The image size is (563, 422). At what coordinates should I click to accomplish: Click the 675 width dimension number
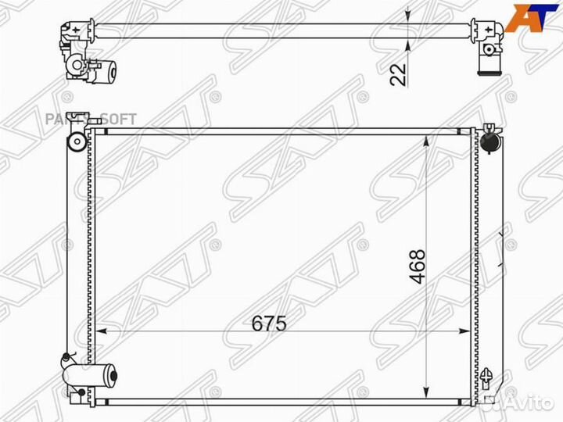[x=270, y=322]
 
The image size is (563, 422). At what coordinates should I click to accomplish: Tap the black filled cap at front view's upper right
[x=489, y=142]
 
